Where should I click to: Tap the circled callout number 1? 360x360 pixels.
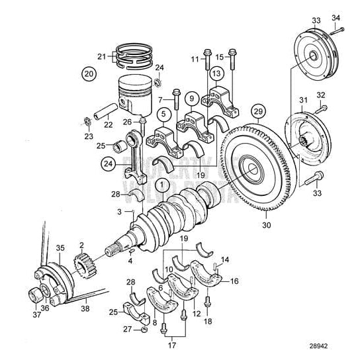pos(161,183)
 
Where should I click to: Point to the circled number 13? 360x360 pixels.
pos(216,73)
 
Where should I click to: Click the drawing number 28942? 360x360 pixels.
pos(337,346)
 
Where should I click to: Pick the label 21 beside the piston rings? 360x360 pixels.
pos(101,56)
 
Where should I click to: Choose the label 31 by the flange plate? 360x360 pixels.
pos(304,100)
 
